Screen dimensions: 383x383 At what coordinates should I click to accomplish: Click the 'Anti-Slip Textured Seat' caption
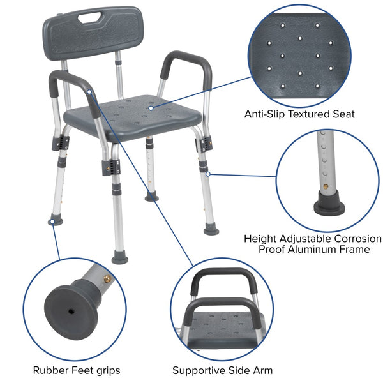pyautogui.click(x=299, y=114)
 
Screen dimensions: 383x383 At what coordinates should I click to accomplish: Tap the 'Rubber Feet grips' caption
pyautogui.click(x=77, y=370)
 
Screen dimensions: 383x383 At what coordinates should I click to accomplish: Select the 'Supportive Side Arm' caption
pyautogui.click(x=222, y=370)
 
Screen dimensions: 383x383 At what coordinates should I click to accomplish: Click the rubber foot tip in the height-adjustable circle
pyautogui.click(x=326, y=206)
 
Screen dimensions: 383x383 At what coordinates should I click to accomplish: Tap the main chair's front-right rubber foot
pyautogui.click(x=211, y=228)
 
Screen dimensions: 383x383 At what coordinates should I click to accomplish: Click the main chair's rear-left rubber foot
pyautogui.click(x=55, y=220)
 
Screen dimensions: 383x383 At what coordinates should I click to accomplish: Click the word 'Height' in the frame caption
pyautogui.click(x=260, y=238)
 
